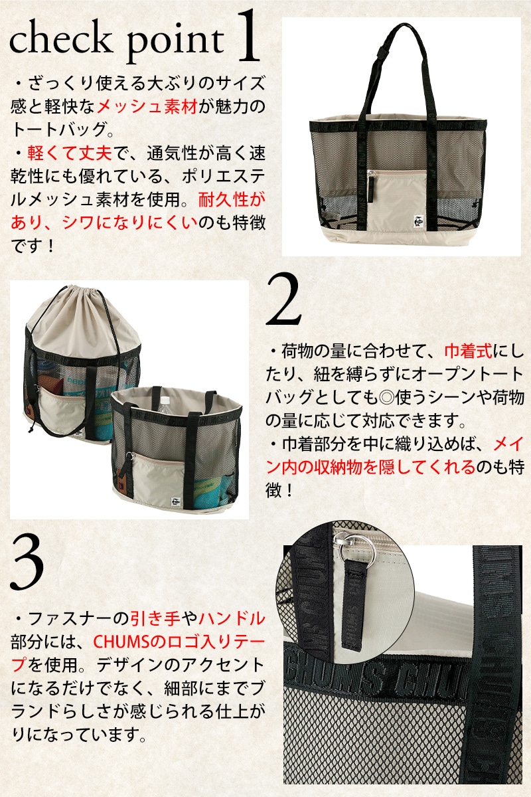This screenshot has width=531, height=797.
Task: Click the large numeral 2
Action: pyautogui.click(x=284, y=300)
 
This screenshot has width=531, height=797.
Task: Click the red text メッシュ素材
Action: pyautogui.click(x=147, y=106)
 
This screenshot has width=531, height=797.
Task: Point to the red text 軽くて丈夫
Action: pyautogui.click(x=70, y=153)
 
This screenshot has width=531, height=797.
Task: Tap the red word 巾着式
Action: pyautogui.click(x=469, y=351)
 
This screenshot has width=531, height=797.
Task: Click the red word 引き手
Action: pyautogui.click(x=155, y=618)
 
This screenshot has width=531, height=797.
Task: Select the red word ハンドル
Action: pyautogui.click(x=232, y=618)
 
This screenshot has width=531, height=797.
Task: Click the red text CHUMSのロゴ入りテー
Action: pyautogui.click(x=179, y=641)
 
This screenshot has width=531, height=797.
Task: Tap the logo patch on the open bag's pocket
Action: pyautogui.click(x=175, y=501)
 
